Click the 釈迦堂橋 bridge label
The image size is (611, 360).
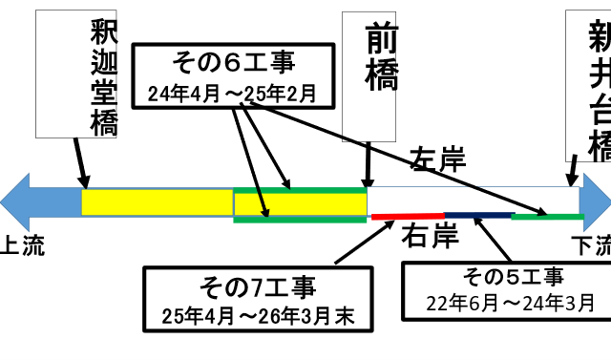click(x=103, y=77)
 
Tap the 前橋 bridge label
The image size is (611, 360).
click(x=381, y=59)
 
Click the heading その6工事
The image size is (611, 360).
click(x=233, y=63)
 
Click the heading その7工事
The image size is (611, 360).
click(x=258, y=286)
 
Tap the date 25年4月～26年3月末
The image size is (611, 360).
click(x=258, y=314)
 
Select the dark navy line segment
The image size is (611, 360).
click(x=477, y=215)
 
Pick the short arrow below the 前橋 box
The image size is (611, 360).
click(x=368, y=161)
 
